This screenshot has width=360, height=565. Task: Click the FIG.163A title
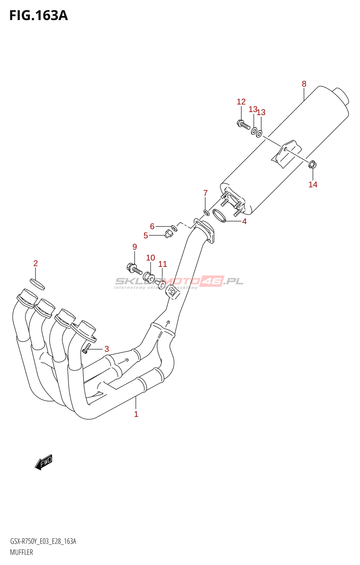[x=38, y=16]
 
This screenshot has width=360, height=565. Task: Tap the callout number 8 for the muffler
[x=304, y=84]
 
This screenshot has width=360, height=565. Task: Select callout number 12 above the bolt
[x=241, y=102]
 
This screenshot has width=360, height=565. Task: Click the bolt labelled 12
[x=243, y=124]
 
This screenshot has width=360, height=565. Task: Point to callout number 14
[x=313, y=184]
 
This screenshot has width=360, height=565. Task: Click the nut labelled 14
[x=312, y=165]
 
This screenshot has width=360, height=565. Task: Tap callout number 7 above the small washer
[x=205, y=193]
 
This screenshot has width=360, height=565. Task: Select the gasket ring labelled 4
[x=219, y=215]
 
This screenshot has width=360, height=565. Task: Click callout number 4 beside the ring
[x=244, y=221]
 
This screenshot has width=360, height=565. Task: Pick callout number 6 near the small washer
[x=152, y=226]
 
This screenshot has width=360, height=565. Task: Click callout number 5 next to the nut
[x=146, y=236]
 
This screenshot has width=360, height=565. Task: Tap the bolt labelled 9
[x=134, y=269]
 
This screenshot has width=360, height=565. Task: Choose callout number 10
[x=150, y=258]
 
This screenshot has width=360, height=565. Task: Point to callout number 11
[x=162, y=264]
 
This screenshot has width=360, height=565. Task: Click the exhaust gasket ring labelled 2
[x=37, y=283]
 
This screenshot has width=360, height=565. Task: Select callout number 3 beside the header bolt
[x=107, y=349]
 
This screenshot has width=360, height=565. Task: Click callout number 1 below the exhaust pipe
[x=136, y=414]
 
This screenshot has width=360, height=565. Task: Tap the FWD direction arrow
[x=44, y=462]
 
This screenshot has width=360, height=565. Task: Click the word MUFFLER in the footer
[x=22, y=552]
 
